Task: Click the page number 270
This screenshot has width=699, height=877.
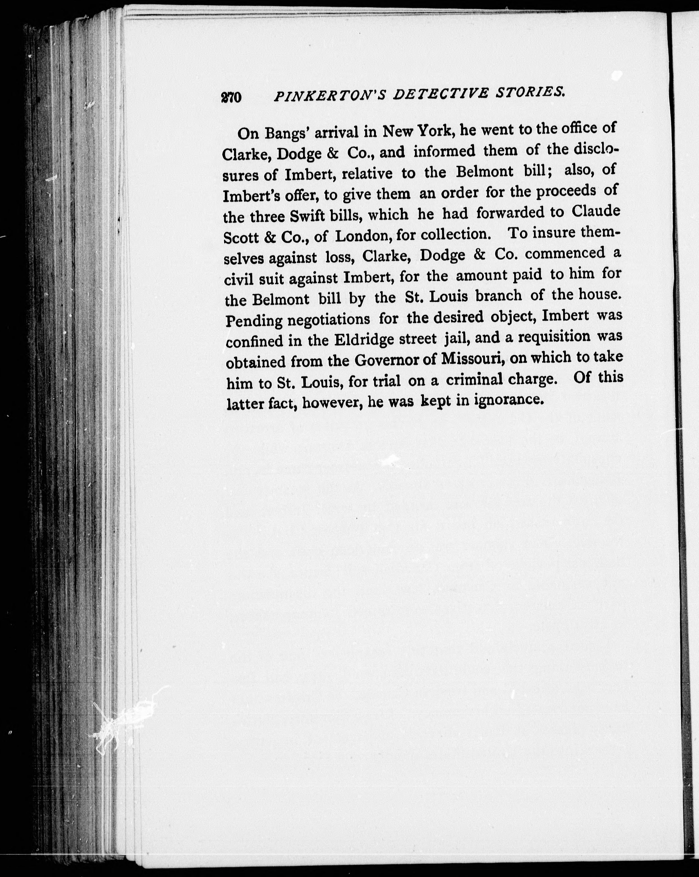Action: point(231,98)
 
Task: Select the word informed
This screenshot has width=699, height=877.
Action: point(445,151)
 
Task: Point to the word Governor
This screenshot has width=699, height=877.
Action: point(396,360)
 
